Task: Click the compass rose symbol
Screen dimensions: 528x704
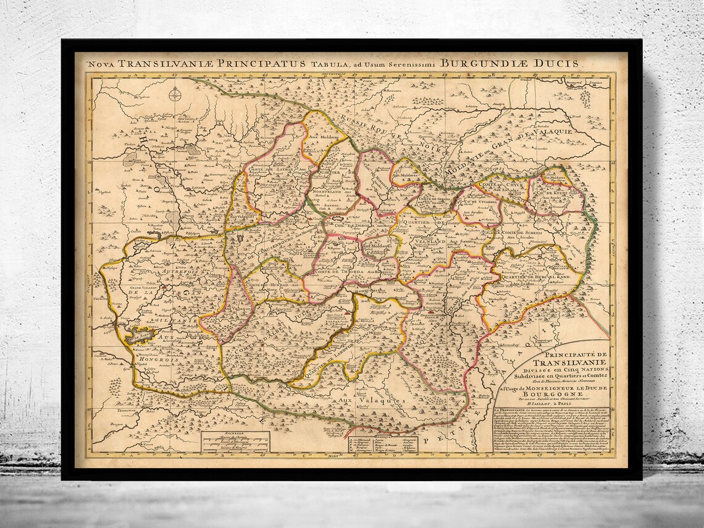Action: pyautogui.click(x=176, y=94)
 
